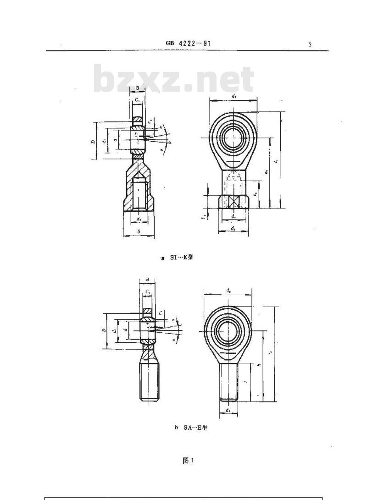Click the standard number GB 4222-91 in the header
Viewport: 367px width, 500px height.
pos(189,44)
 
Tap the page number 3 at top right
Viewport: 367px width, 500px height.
pos(310,45)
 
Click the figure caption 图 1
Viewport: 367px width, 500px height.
pos(188,461)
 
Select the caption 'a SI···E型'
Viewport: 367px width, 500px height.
pos(177,258)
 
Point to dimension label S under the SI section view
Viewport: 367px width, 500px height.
pos(139,232)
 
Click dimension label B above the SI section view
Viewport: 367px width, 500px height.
pos(138,88)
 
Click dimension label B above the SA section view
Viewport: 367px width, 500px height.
pos(147,279)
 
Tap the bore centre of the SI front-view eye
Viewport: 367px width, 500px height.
pos(234,136)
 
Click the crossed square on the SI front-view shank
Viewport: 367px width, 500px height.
pos(234,201)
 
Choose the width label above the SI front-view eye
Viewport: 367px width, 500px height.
pos(234,96)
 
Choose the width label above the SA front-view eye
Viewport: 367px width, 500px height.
pos(228,290)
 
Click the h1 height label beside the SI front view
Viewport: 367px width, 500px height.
pos(267,172)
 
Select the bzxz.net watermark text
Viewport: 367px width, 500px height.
pos(173,80)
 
